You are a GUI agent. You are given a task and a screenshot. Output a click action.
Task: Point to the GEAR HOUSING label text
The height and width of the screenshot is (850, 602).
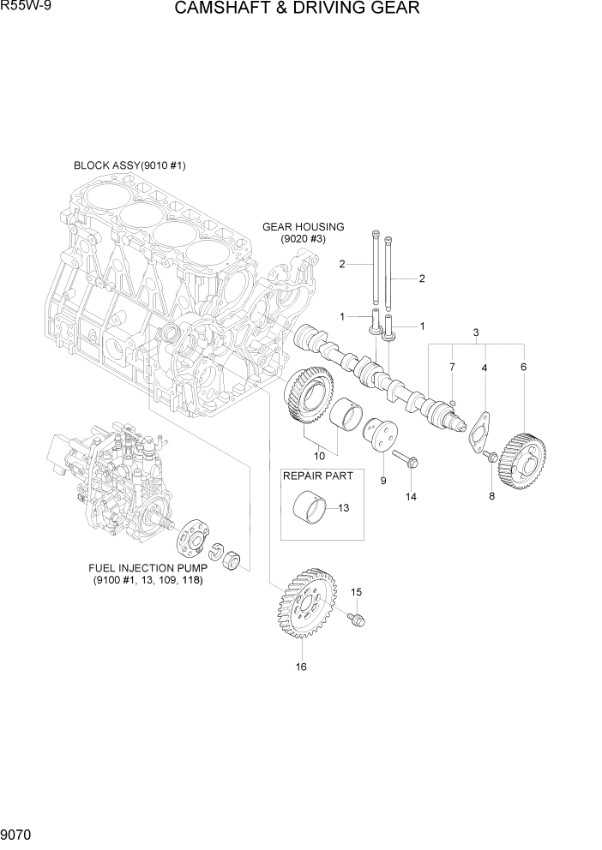point(303,227)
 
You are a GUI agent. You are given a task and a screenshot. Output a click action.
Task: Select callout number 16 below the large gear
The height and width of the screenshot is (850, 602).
point(301,667)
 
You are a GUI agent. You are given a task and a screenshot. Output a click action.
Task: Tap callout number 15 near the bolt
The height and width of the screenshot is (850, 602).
point(357,591)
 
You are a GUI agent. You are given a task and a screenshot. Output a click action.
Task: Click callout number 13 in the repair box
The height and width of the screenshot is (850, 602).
point(343,508)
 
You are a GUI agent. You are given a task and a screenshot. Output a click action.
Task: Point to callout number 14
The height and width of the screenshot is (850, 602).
point(411,497)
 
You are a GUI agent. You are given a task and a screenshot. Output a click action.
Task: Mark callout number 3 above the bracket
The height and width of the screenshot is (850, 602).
point(476,332)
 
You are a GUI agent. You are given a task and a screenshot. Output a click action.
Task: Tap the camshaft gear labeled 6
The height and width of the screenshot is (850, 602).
point(522,461)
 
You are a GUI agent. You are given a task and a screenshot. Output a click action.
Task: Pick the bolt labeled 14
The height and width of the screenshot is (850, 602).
point(405,459)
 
